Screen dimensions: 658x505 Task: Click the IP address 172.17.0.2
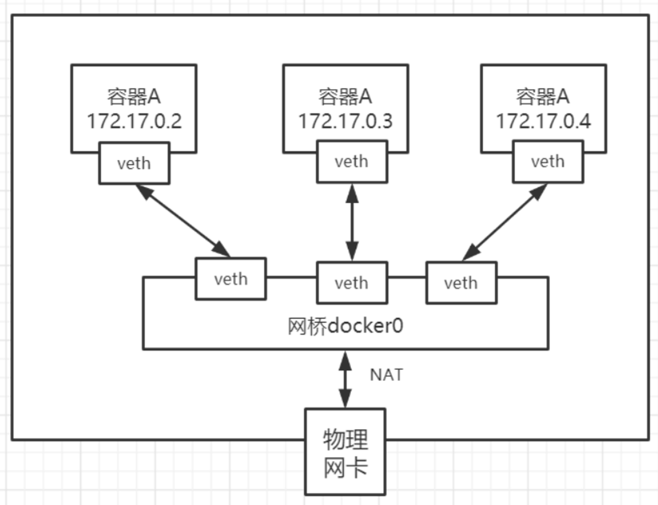click(134, 121)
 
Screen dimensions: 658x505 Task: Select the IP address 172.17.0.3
click(345, 121)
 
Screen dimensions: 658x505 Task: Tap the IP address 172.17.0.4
click(544, 121)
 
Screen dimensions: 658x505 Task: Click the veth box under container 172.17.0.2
click(134, 163)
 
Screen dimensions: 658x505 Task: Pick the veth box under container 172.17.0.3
click(352, 161)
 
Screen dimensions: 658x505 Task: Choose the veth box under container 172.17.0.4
click(548, 161)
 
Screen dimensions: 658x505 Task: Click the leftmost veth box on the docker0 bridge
click(231, 279)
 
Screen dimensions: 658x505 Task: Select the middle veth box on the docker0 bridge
click(352, 283)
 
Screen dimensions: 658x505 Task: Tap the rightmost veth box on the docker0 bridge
click(461, 283)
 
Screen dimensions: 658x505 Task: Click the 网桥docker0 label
click(345, 326)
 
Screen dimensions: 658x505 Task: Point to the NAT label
click(386, 375)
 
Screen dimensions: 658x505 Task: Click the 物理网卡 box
click(345, 452)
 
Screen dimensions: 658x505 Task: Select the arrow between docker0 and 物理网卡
click(345, 379)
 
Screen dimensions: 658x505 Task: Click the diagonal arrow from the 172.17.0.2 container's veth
click(183, 220)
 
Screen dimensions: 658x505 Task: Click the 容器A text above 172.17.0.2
click(134, 97)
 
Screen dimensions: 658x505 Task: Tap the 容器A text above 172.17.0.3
click(345, 97)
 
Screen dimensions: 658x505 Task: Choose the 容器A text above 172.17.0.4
click(543, 97)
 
